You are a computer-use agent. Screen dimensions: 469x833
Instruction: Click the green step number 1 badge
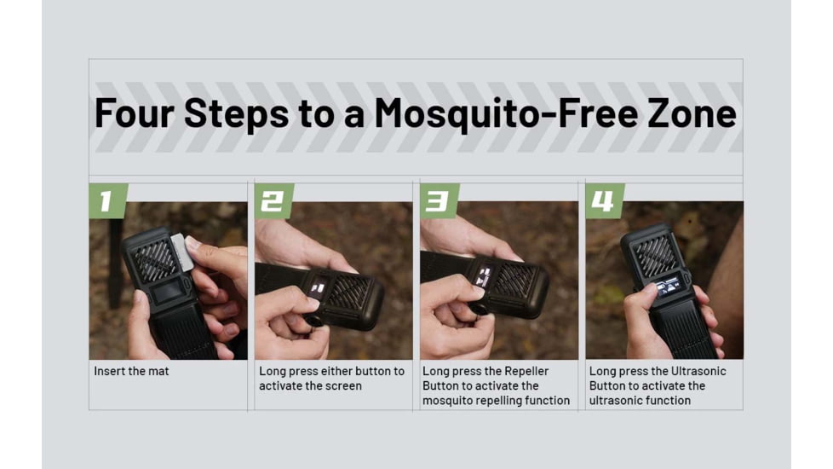[106, 201]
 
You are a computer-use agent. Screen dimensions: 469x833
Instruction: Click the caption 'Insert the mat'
[131, 372]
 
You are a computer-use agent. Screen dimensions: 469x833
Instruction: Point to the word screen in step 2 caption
[343, 386]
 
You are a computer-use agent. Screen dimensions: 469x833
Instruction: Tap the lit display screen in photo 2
[318, 287]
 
